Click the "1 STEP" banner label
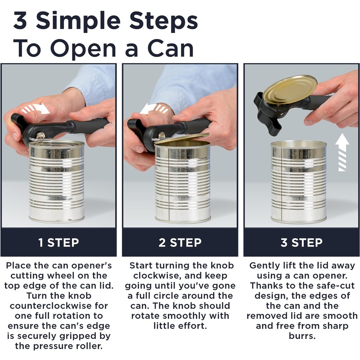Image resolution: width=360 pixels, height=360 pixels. tap(58, 243)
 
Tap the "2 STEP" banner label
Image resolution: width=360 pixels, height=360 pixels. tap(180, 243)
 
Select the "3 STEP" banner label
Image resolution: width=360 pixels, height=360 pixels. tap(301, 243)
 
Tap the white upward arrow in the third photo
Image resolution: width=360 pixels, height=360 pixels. tap(342, 152)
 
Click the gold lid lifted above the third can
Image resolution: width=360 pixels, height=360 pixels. tap(290, 89)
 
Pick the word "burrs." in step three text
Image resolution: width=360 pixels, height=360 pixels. tap(302, 336)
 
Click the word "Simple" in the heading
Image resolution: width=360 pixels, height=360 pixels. tap(78, 21)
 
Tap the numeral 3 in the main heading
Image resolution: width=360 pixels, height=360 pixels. tap(20, 21)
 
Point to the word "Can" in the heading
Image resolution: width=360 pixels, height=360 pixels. tap(171, 49)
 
